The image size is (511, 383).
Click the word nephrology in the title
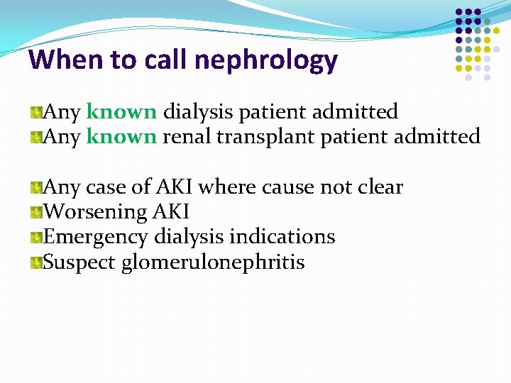265,61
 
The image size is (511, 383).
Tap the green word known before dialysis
121,112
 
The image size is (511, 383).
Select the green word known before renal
121,136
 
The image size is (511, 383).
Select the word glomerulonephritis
213,262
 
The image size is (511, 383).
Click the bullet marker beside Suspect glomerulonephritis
35,263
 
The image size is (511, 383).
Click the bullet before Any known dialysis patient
35,113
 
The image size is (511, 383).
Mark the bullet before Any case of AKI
35,188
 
